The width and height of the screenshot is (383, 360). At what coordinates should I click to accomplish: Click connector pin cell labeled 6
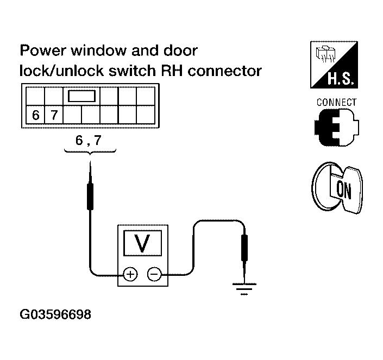[35, 115]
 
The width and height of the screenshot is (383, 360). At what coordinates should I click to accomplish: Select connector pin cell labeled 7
[54, 115]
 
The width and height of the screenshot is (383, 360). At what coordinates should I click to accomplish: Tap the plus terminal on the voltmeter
[130, 274]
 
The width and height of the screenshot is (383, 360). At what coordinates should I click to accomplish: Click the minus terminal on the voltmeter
[154, 274]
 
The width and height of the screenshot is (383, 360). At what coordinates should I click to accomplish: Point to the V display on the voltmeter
[142, 244]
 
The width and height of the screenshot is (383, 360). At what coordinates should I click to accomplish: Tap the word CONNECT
[336, 102]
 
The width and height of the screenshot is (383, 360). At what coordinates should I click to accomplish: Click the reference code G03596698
[55, 314]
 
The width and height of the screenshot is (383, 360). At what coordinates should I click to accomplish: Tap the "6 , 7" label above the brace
[89, 140]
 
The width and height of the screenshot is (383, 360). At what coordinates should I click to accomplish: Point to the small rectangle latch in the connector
[81, 97]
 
